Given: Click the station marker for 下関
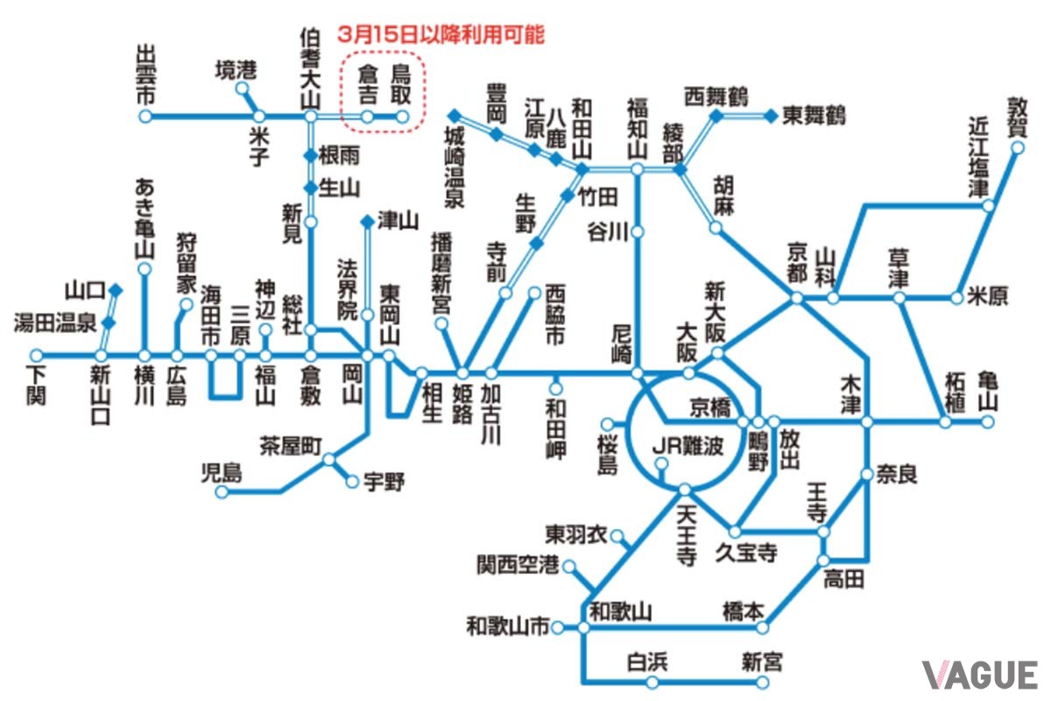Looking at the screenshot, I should pos(36,355).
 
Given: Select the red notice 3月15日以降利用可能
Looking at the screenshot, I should pos(441,35).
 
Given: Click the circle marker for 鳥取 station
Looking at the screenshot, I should pos(402,116).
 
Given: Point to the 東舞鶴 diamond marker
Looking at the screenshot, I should pos(771,115).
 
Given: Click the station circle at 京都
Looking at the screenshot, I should pos(796,298).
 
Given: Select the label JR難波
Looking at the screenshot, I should pos(688,446).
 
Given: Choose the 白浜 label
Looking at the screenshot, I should pos(647,662).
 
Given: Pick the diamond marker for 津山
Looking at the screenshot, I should pos(367,221).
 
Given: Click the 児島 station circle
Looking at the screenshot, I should pos(222,492).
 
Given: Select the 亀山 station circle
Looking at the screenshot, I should pos(987,421).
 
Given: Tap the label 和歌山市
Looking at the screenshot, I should pos(508,627).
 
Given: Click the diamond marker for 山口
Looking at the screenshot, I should pos(116,289).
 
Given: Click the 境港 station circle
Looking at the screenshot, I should pos(243,89).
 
